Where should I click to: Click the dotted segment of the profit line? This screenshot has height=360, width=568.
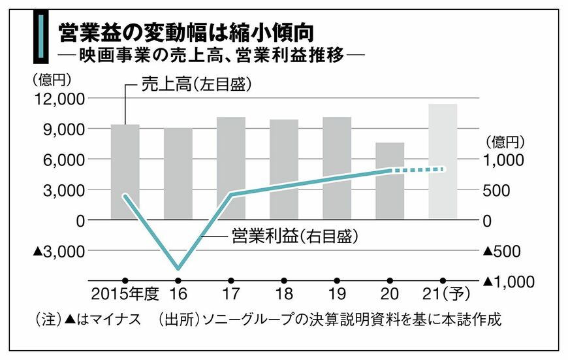(x=418, y=170)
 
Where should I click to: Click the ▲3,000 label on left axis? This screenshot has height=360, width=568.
(x=57, y=251)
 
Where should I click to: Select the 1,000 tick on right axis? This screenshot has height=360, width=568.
(x=503, y=159)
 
